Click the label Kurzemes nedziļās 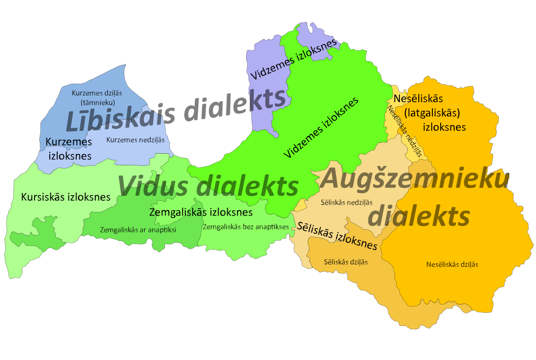point(136,140)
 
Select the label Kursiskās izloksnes point(66,197)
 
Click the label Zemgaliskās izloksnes point(201,212)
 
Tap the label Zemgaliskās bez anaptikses point(245,227)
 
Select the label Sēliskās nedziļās point(347,202)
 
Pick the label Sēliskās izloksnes point(338,237)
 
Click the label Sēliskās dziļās point(346,262)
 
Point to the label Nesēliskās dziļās point(452,264)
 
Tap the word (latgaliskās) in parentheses point(434,113)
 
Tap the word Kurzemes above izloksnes point(65,142)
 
